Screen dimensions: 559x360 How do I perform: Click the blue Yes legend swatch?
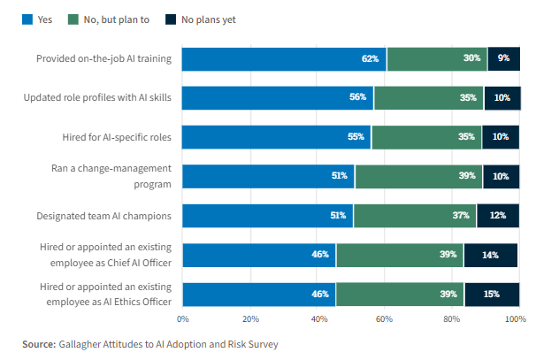27,19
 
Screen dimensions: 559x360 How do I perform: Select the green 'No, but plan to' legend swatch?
73,19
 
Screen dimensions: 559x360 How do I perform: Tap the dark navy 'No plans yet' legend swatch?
171,19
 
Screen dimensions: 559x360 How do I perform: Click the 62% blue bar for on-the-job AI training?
284,58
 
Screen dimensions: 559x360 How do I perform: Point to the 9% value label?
504,58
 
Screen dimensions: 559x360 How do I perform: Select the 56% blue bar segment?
278,97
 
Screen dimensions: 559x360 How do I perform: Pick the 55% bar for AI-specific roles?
276,137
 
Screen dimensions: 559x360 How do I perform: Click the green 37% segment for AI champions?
415,216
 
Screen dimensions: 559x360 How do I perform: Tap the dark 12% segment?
498,216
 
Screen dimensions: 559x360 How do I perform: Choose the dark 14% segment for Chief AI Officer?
491,256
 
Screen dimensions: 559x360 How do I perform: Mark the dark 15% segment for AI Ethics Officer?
492,295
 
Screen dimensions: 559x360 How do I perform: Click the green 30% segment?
437,58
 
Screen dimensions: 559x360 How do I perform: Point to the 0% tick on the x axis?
183,319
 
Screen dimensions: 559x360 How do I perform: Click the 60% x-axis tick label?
384,319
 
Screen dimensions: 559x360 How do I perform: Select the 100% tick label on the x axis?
516,319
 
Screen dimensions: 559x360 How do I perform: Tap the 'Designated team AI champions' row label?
103,216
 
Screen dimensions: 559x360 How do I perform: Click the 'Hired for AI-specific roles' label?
117,137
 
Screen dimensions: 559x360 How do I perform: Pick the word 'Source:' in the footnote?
39,344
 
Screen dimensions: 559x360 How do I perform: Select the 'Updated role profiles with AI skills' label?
97,97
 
